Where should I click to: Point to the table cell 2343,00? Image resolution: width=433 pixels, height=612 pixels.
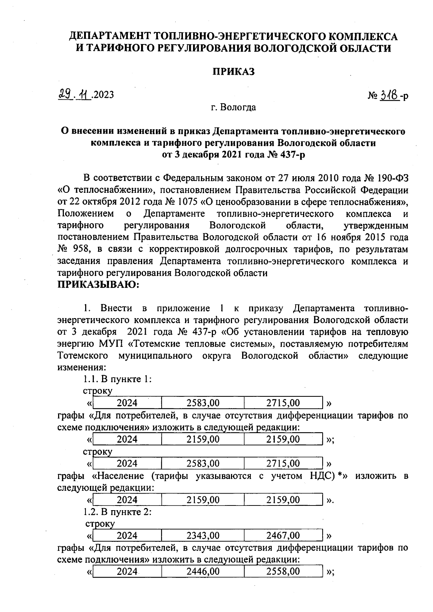[x=203, y=535]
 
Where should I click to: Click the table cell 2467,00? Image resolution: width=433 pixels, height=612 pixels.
[x=283, y=535]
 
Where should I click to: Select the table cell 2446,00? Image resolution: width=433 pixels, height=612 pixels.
[x=203, y=571]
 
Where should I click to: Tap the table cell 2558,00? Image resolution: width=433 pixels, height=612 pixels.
[x=283, y=571]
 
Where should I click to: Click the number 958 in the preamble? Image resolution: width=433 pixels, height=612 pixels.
[x=82, y=249]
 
